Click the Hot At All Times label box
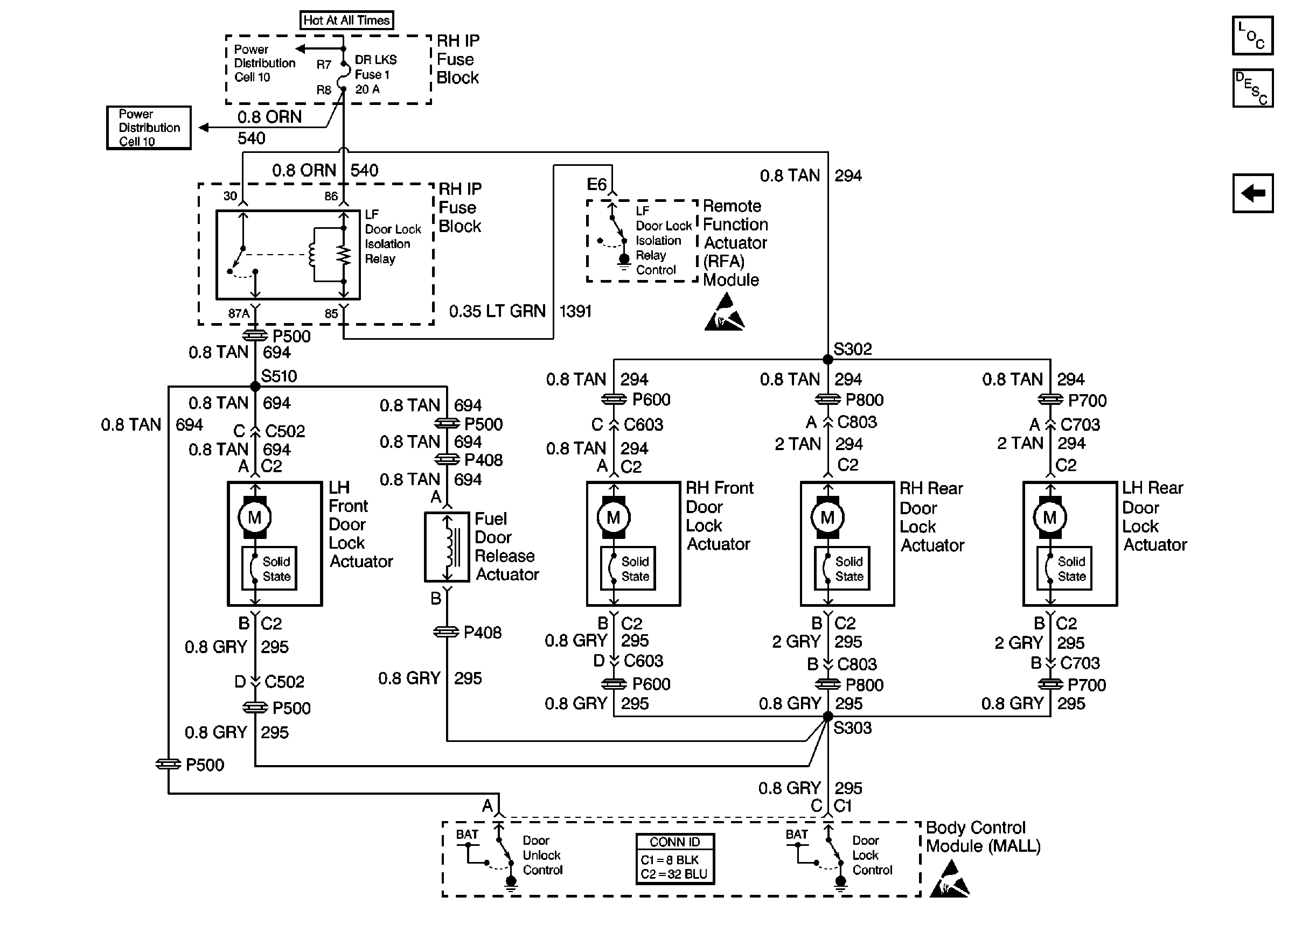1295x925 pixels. (346, 20)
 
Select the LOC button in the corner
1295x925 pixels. (1252, 36)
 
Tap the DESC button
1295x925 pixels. (1252, 88)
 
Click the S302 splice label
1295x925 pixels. (852, 348)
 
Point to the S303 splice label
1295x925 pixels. (852, 728)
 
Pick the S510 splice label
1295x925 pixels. (279, 376)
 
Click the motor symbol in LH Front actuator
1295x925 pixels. (255, 517)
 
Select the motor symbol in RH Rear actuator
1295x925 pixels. (827, 517)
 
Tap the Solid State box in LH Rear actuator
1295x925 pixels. (1064, 569)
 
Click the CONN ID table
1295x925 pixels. (674, 859)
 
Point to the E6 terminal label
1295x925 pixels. (596, 185)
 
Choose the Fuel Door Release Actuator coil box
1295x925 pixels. (447, 548)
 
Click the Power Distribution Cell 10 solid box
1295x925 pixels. (149, 128)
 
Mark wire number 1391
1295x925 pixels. (575, 312)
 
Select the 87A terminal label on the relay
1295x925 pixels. (239, 314)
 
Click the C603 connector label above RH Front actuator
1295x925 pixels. (643, 425)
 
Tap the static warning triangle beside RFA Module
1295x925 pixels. (724, 313)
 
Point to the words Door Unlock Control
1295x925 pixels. (542, 855)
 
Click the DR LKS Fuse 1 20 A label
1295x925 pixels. (375, 75)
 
